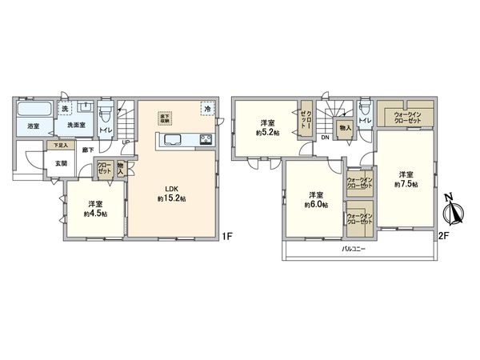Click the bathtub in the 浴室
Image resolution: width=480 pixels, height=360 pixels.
coord(34,110)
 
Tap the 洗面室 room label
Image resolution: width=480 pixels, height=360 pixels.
coord(76,126)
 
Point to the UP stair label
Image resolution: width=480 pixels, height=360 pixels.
coord(126,143)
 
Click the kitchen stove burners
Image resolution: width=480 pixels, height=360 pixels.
coord(205,142)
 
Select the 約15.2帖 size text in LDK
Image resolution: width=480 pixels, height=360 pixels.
coord(172,198)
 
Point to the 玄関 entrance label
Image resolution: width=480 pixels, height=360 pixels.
coord(62,163)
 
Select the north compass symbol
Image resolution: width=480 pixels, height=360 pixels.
coord(454,210)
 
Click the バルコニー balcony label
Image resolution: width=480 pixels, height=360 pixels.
coord(353,250)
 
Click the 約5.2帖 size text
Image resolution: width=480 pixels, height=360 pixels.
coord(268,132)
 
